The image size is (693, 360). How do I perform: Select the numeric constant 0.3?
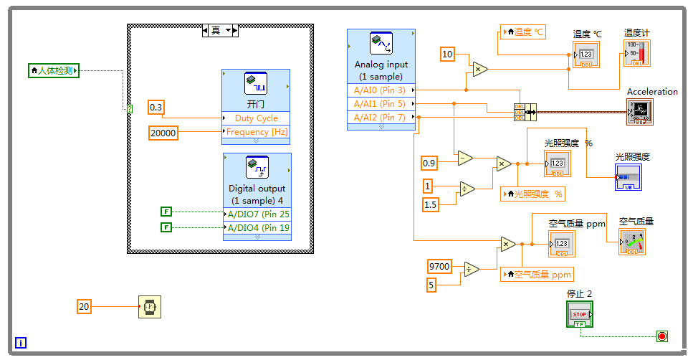(156, 108)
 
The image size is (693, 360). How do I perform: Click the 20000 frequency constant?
(163, 132)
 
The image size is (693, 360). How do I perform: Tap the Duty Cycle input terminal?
(256, 118)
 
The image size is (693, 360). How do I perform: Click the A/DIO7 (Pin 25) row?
(257, 214)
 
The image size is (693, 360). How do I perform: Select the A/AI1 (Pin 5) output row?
(380, 104)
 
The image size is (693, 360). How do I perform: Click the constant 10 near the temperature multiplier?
(447, 54)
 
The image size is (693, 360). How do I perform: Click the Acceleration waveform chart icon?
(639, 112)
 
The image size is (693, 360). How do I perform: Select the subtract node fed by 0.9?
(465, 158)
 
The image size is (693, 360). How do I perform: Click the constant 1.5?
(430, 205)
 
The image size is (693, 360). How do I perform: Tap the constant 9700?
(439, 266)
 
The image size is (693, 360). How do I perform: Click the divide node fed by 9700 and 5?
(471, 269)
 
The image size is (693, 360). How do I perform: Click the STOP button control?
(579, 313)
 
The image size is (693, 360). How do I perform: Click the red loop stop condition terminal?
(661, 336)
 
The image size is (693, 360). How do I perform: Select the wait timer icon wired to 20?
(149, 307)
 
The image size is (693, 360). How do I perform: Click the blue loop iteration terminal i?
(21, 343)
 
